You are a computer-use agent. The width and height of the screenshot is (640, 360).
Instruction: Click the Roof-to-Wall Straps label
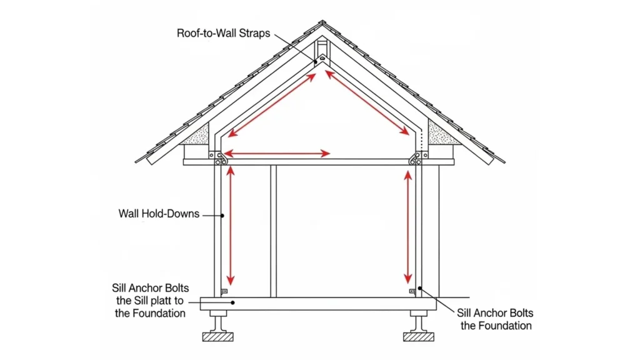click(223, 33)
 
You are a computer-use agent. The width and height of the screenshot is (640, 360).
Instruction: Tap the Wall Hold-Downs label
click(159, 214)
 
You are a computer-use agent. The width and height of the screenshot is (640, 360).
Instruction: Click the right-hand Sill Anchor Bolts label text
click(495, 312)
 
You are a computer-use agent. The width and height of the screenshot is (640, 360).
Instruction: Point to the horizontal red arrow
click(277, 153)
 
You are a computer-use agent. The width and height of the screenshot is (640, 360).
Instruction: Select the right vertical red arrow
click(408, 226)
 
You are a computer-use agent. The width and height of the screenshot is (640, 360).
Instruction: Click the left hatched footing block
click(217, 336)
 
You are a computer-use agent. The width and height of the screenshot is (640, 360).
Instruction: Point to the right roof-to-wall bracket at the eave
click(415, 159)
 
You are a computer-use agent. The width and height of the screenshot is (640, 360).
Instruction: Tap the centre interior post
click(273, 231)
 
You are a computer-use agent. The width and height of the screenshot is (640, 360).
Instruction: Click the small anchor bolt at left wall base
click(225, 291)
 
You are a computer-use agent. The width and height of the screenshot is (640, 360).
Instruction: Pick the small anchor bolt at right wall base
click(412, 291)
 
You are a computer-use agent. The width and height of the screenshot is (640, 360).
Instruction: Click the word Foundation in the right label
click(507, 325)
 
